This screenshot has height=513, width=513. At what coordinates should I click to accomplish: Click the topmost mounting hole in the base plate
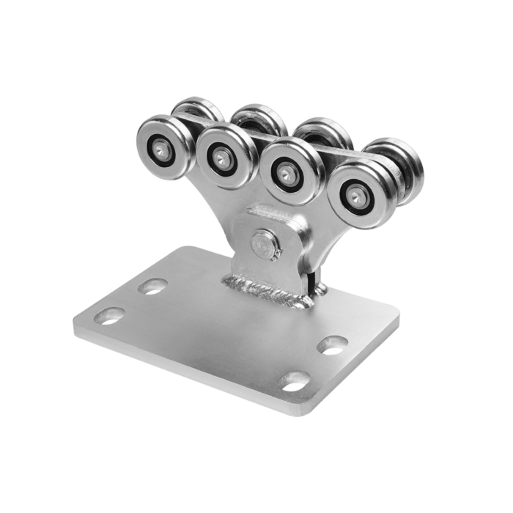(153, 285)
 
